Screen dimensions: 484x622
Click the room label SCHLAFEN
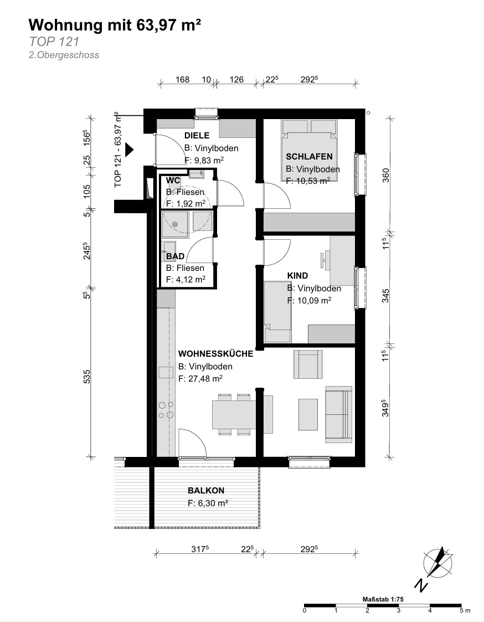click(309, 157)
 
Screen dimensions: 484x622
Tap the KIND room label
click(297, 276)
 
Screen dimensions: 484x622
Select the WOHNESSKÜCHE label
click(215, 354)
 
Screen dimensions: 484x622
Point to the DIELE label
click(197, 136)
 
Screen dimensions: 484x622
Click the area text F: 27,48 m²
click(200, 379)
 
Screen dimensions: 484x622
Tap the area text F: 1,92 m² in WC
click(186, 204)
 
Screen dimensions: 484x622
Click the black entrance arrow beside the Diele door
click(130, 150)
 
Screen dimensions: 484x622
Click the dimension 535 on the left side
click(87, 377)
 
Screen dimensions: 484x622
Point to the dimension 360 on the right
click(385, 175)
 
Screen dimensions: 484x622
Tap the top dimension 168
click(183, 80)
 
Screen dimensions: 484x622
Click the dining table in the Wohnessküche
click(234, 415)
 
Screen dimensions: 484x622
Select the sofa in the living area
click(338, 414)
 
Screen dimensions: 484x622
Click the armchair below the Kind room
click(308, 365)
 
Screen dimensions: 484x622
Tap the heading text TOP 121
click(54, 42)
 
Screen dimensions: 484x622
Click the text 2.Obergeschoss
click(64, 55)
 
